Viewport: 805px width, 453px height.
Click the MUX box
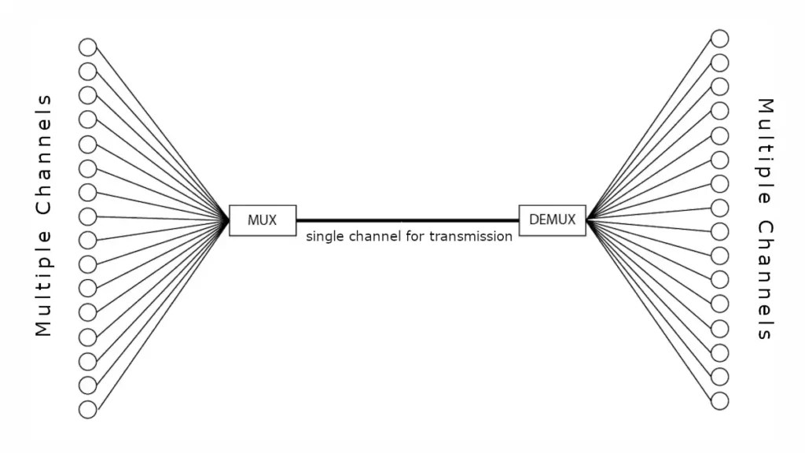[263, 220]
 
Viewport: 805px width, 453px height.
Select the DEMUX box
[552, 220]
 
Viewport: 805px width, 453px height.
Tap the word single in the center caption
[325, 236]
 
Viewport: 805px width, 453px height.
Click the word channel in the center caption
[374, 236]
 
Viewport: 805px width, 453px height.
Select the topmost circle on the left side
[87, 47]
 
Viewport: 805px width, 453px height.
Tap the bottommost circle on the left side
[87, 410]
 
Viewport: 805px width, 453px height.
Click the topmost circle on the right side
[719, 38]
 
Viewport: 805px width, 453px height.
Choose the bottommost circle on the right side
[719, 400]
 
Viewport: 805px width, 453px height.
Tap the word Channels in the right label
[765, 280]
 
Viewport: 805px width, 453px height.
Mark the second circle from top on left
[87, 72]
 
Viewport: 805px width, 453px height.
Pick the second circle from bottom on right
[719, 376]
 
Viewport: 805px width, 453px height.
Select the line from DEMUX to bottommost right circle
[652, 310]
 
